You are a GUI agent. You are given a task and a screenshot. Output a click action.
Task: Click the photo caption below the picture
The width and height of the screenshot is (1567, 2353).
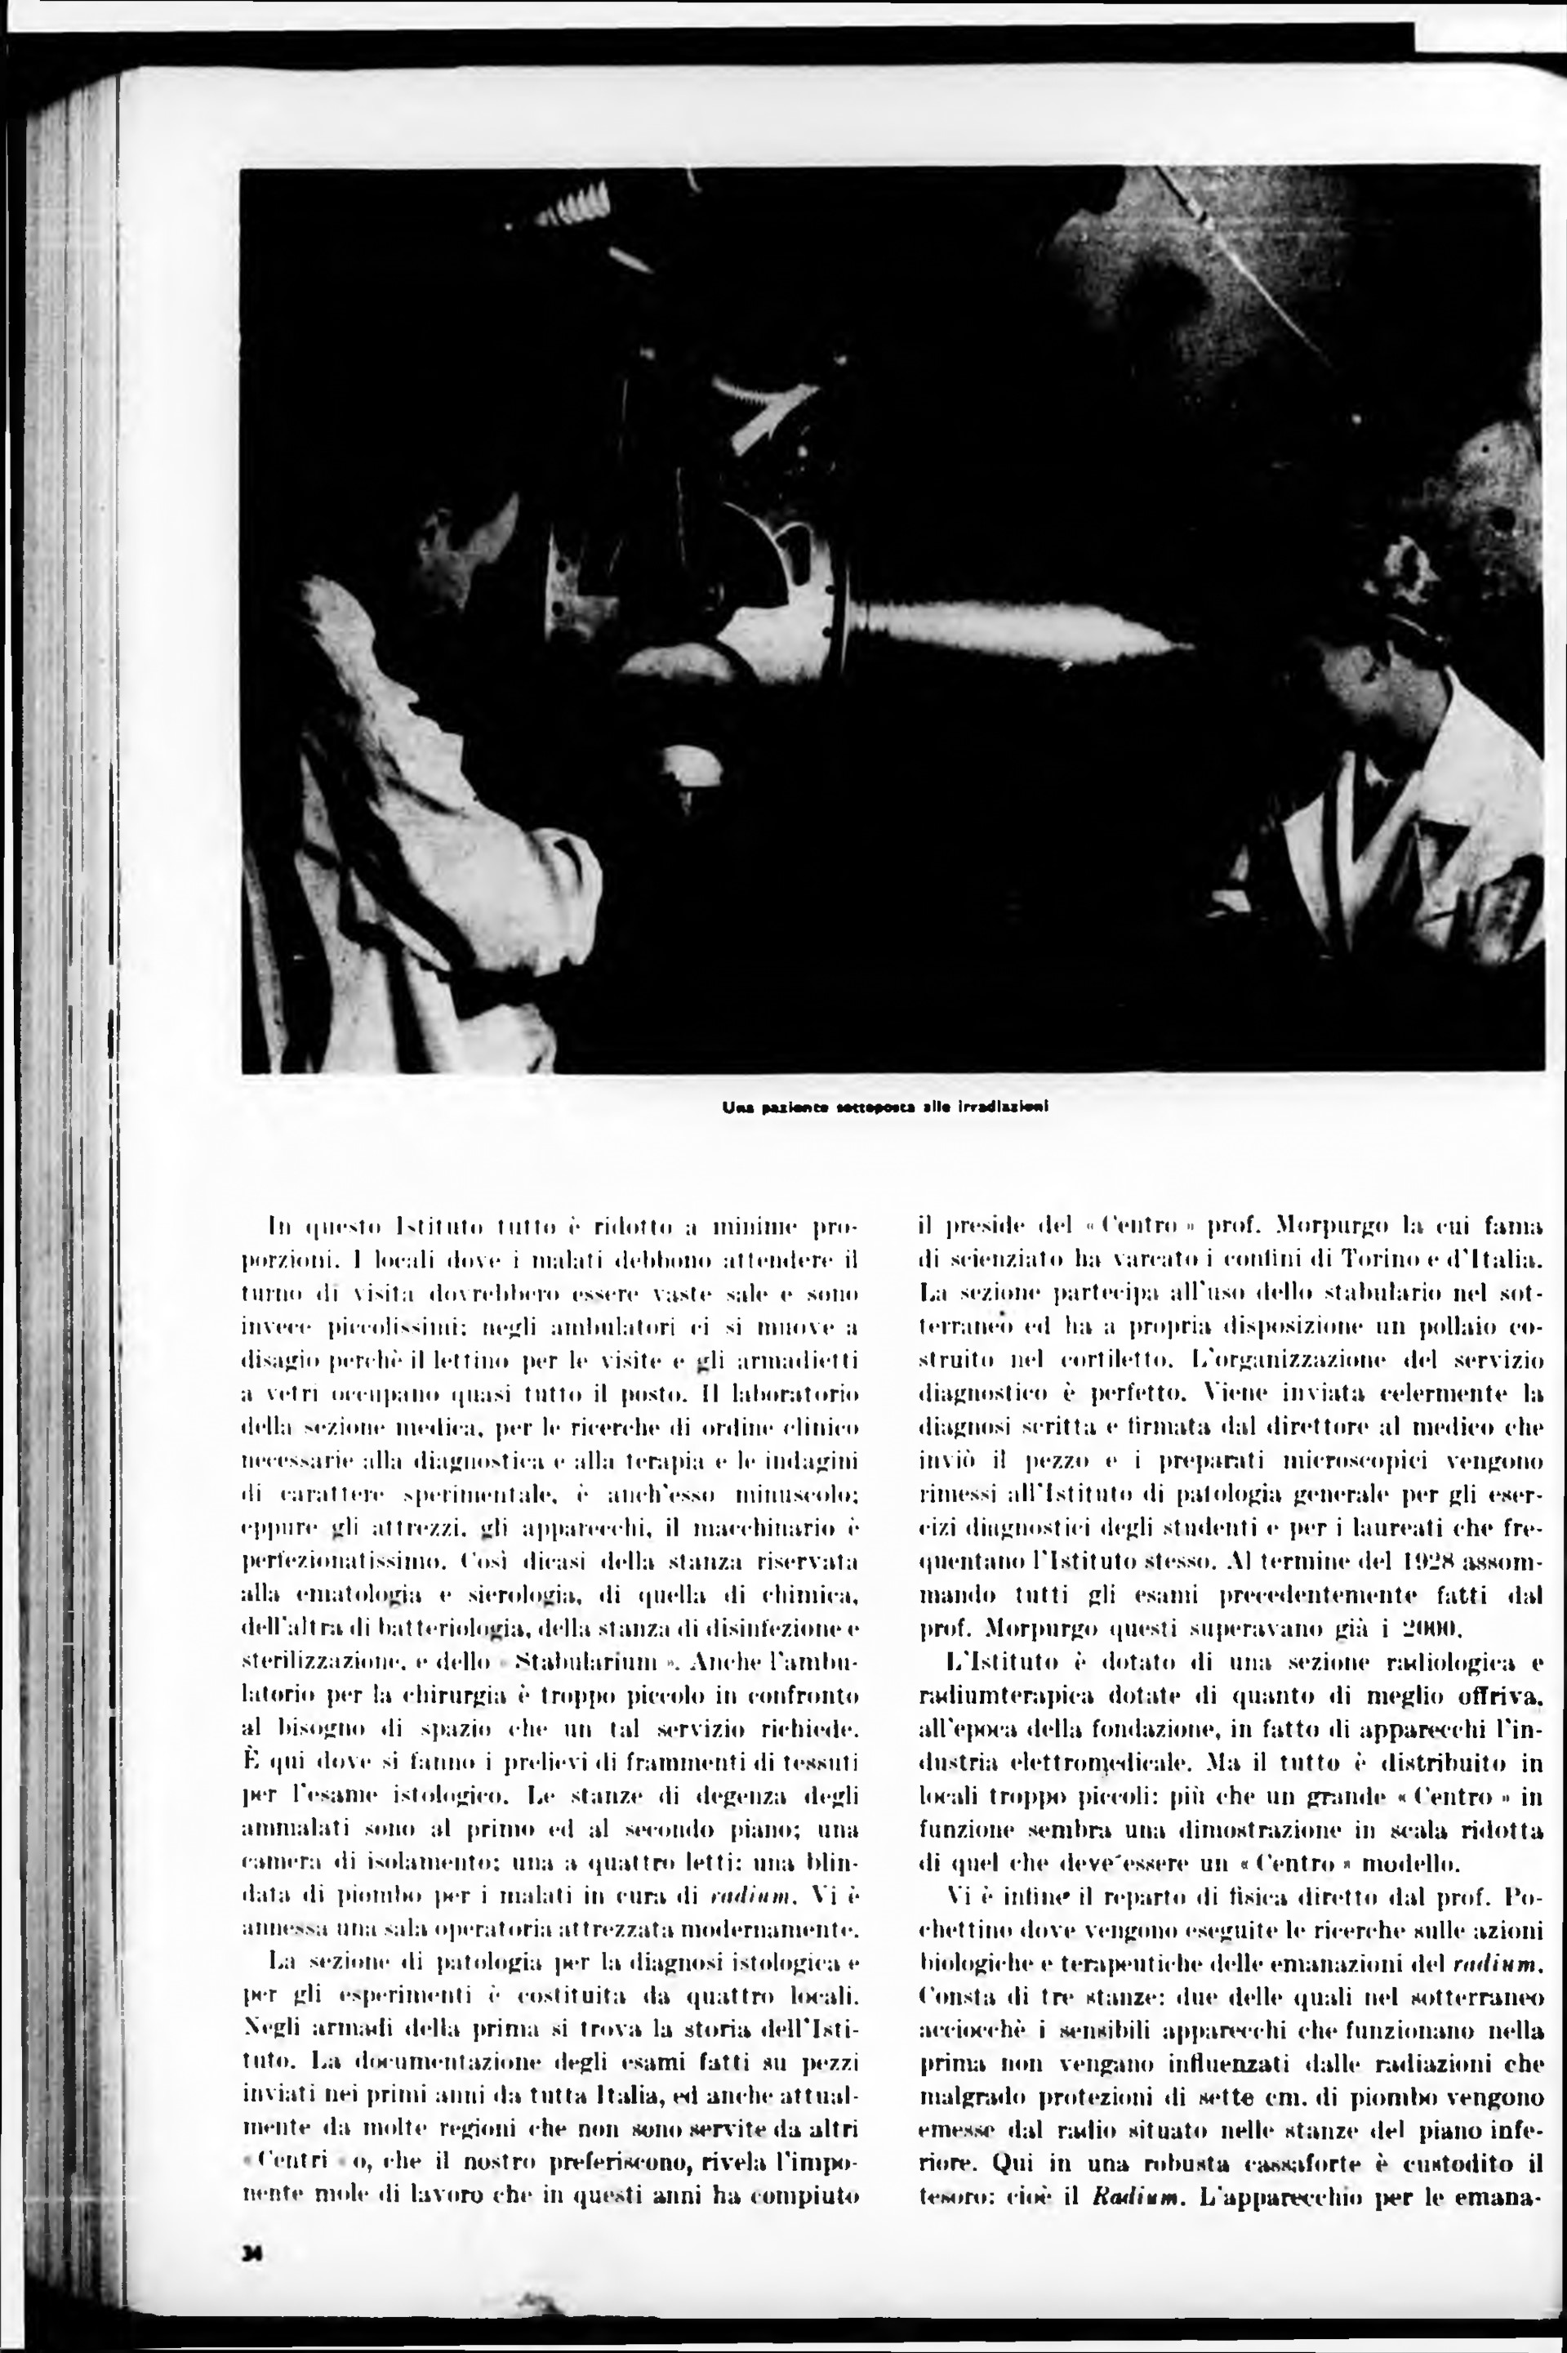point(883,1107)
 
